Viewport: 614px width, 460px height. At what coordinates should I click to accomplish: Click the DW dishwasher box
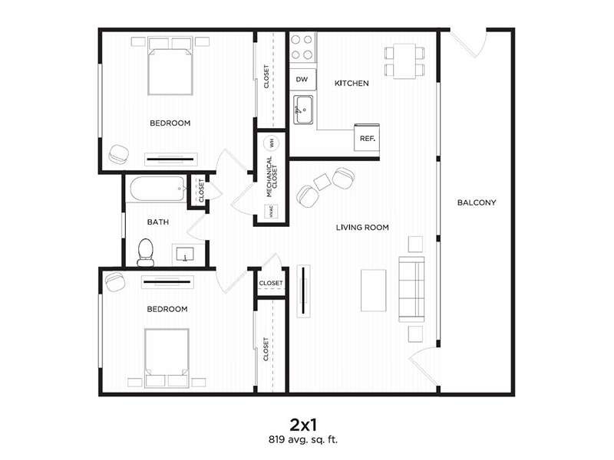point(302,80)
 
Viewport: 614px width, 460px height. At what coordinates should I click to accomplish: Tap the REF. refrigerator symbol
point(367,138)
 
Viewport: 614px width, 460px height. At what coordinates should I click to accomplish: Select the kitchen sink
point(303,110)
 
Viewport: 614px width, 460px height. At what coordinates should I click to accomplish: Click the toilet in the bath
point(146,252)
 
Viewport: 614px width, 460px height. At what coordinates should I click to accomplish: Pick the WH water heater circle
point(271,143)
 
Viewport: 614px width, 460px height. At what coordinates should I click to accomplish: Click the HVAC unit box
point(271,212)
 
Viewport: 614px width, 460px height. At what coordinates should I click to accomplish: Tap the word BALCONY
point(477,202)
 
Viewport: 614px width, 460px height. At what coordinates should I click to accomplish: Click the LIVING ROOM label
point(362,227)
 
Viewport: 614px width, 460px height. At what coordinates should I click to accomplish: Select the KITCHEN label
point(352,84)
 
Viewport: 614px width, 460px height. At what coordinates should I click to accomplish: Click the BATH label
point(158,222)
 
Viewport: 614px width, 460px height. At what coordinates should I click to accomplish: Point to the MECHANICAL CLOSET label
point(272,177)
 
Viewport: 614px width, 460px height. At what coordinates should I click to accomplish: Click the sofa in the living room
point(411,289)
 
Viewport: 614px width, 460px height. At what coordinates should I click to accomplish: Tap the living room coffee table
point(374,291)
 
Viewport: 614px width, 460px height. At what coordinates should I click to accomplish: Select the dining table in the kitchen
point(404,61)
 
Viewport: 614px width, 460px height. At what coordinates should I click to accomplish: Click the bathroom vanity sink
point(184,255)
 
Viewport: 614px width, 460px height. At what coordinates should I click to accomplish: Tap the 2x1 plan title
point(302,424)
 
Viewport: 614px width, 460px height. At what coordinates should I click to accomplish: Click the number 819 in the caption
point(276,439)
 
